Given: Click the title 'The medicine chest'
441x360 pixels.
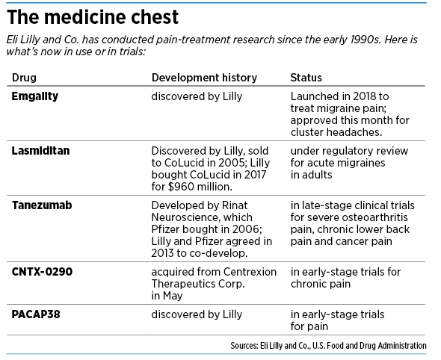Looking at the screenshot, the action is tap(93, 17).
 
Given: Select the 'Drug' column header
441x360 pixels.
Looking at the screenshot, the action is tap(24, 78).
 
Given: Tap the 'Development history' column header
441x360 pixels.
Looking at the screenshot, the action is tap(204, 78).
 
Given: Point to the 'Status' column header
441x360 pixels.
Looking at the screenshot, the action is tap(306, 78).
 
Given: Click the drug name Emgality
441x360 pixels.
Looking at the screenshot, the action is tap(35, 96).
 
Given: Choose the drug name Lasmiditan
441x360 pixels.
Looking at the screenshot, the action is tap(40, 151).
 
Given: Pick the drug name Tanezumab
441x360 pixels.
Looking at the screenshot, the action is tap(42, 205).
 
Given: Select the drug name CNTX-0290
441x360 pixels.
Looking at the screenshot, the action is tap(42, 272).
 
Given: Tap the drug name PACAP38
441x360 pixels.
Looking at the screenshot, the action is tap(36, 314).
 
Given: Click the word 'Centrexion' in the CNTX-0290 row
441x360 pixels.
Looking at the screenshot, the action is tap(250, 272).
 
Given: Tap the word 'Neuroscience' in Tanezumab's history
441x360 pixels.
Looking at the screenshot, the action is tap(202, 217).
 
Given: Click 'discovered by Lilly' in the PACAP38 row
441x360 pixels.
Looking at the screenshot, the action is tap(197, 314).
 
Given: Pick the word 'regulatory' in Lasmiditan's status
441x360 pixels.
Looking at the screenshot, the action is tap(350, 151).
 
